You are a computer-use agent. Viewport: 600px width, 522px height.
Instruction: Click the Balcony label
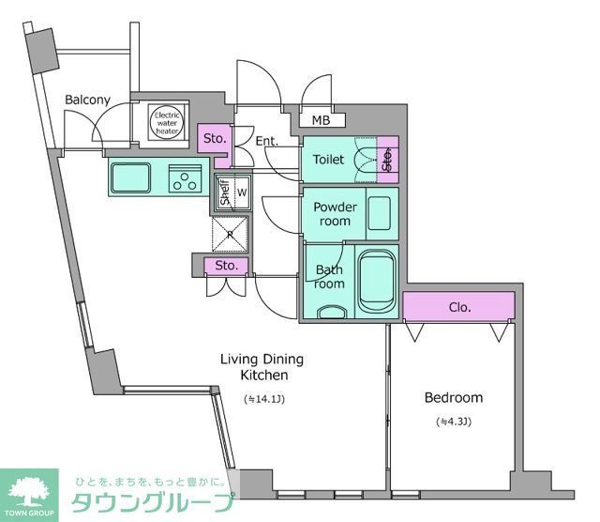click(87, 100)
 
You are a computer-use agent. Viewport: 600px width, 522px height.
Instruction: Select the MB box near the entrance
click(322, 120)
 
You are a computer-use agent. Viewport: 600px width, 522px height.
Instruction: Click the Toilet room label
click(329, 160)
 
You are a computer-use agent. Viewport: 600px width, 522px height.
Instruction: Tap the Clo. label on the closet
click(459, 307)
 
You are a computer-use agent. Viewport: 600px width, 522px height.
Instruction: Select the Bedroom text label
click(453, 397)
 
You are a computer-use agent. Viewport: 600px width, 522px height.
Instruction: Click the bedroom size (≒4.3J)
click(453, 422)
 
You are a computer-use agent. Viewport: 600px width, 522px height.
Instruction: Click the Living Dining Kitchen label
click(262, 366)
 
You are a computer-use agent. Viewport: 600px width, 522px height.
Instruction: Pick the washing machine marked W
click(241, 192)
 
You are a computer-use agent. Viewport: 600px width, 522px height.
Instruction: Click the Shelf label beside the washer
click(225, 193)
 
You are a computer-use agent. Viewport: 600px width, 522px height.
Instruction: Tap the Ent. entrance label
click(265, 142)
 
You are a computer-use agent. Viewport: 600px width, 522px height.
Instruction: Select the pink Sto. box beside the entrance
click(214, 140)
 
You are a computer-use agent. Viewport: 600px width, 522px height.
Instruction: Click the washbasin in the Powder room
click(379, 213)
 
